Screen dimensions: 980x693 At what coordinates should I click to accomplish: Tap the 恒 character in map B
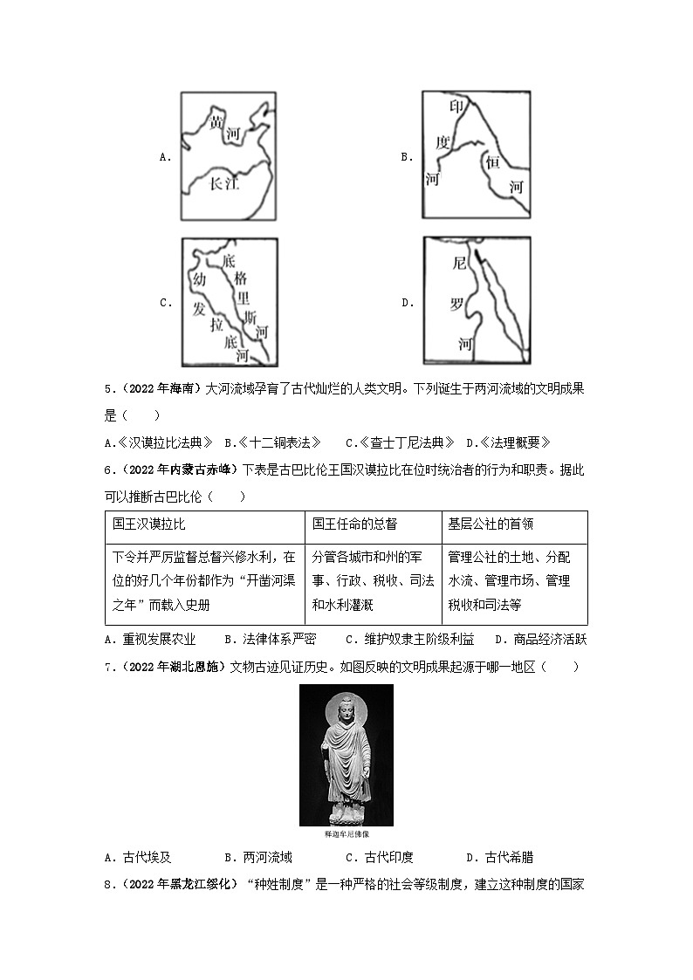(493, 161)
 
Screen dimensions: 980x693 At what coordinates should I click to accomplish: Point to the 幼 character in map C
(200, 281)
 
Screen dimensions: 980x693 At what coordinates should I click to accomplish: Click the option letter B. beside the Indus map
(406, 157)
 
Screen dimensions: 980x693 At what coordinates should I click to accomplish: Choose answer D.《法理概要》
(509, 442)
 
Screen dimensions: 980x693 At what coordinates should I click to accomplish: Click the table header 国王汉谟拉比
(149, 524)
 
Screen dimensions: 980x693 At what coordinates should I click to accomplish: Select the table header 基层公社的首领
(491, 524)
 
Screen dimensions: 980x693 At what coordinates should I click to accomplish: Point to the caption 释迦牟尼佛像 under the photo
(346, 834)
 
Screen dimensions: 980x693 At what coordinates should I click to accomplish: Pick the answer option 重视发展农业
(150, 639)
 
